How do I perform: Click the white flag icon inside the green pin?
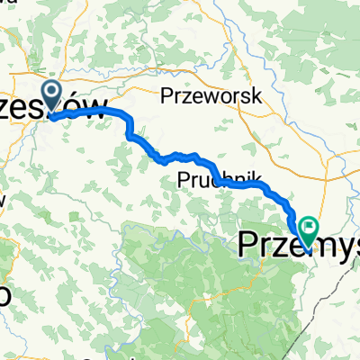(x=309, y=226)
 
